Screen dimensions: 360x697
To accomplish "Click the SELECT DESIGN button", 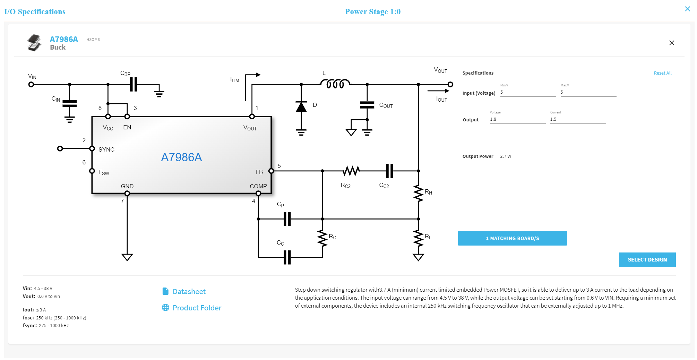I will [647, 260].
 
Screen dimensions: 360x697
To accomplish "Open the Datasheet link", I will [189, 292].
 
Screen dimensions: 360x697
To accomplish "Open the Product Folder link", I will [197, 308].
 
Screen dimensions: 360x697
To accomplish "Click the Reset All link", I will [662, 73].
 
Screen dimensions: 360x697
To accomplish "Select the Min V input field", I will [527, 92].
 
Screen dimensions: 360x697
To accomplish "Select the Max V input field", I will [588, 92].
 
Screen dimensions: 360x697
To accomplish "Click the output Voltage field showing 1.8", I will [517, 119].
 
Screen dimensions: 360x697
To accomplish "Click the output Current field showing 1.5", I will [577, 119].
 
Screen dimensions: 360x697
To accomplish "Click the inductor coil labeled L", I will [335, 84].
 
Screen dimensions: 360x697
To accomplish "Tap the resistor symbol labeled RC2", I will [351, 171].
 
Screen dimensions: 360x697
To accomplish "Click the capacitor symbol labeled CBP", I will [134, 84].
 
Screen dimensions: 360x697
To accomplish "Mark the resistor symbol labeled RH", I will [418, 194].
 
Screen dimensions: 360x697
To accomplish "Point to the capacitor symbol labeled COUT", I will [367, 105].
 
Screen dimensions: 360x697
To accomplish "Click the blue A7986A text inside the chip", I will [181, 157].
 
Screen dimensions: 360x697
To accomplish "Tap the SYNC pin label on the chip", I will [106, 149].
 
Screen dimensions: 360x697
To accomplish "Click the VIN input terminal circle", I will [31, 84].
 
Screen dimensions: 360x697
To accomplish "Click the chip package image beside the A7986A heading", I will [34, 43].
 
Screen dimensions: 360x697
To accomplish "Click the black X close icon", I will [671, 43].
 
